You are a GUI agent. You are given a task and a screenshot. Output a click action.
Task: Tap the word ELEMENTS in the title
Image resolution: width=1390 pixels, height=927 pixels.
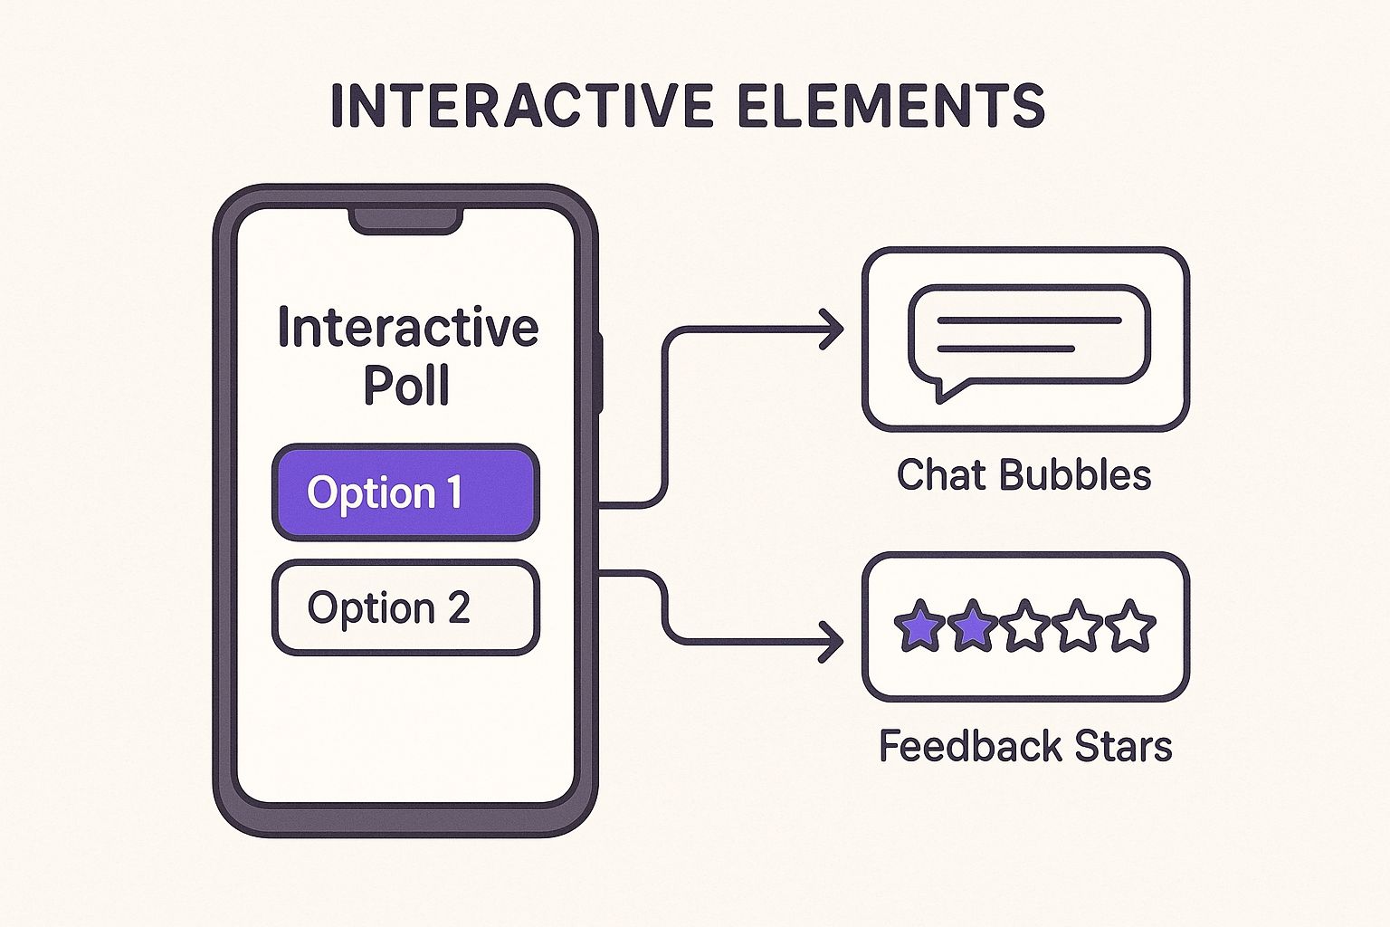point(891,106)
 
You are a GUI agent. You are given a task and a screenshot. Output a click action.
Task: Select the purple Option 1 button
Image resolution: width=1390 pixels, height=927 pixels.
point(405,492)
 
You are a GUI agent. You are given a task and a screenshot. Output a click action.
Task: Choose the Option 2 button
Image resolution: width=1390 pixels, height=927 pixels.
point(405,607)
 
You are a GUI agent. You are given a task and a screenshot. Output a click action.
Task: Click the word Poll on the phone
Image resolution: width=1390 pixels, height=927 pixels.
point(406,387)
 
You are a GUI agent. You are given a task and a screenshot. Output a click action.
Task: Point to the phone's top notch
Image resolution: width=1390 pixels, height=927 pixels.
point(406,220)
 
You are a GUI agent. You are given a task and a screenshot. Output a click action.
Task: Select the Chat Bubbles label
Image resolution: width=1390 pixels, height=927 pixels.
point(1023,475)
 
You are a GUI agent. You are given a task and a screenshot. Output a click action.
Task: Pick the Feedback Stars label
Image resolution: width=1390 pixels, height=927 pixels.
point(1025,747)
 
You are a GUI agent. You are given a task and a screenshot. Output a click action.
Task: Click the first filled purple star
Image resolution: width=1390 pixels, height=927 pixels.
point(919,626)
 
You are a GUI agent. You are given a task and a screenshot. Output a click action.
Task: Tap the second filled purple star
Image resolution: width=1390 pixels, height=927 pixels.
point(972,626)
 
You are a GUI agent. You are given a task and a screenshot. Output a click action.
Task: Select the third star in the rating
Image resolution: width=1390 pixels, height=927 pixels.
point(1025,626)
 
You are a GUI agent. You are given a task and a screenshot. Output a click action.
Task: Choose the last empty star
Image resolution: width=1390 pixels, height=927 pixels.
point(1131,626)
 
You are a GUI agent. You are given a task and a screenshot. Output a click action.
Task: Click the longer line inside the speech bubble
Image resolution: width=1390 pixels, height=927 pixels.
point(1029,320)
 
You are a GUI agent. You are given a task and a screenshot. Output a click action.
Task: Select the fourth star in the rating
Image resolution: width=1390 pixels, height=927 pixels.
point(1078,626)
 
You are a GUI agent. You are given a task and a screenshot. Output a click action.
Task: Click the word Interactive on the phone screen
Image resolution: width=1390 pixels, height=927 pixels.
point(407,328)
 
